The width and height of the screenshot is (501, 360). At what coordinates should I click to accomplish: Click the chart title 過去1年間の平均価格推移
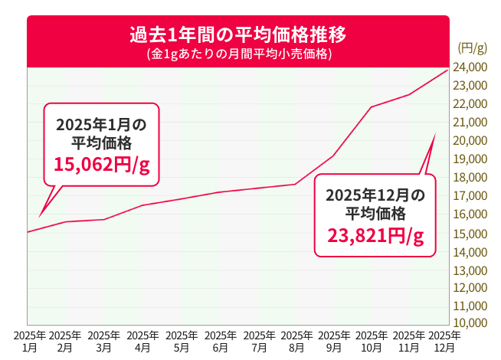pyautogui.click(x=237, y=34)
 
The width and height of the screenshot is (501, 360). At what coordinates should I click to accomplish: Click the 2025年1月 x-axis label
pyautogui.click(x=29, y=341)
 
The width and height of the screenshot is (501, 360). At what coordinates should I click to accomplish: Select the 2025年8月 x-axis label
pyautogui.click(x=296, y=341)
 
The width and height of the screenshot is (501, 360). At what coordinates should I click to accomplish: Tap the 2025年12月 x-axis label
pyautogui.click(x=445, y=341)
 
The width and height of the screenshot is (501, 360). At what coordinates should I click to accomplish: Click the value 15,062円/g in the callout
pyautogui.click(x=101, y=163)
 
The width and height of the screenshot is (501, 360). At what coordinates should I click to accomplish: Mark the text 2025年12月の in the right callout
pyautogui.click(x=375, y=195)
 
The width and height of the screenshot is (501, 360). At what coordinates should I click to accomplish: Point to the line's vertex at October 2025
pyautogui.click(x=372, y=106)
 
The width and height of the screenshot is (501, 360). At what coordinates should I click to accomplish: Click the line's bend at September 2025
pyautogui.click(x=333, y=155)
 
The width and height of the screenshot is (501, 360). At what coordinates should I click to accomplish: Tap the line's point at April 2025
pyautogui.click(x=142, y=205)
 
